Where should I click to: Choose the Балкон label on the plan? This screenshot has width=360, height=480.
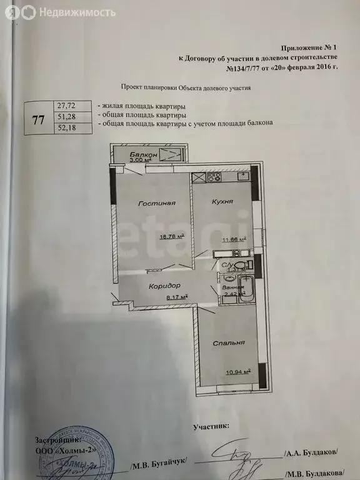pos(143,154)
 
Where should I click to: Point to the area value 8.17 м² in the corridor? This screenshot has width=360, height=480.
pos(176,297)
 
